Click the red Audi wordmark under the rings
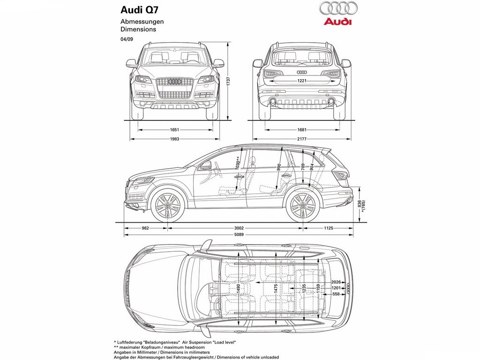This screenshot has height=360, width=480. (x=338, y=22)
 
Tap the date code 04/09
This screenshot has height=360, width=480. (x=127, y=39)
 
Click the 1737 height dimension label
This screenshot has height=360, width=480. (x=228, y=82)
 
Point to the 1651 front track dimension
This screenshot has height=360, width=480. (x=174, y=130)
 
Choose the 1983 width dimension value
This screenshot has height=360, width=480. (x=174, y=139)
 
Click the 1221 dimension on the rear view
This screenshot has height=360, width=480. (x=302, y=81)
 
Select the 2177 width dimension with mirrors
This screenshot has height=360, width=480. (x=301, y=139)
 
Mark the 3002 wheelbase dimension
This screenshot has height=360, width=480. (x=239, y=228)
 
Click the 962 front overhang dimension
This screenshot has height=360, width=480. (x=145, y=228)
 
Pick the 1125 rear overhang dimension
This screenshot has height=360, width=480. (x=328, y=228)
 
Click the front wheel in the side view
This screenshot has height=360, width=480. (x=167, y=205)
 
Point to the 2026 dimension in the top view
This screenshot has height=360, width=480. (x=336, y=282)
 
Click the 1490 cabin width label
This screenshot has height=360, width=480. (x=239, y=289)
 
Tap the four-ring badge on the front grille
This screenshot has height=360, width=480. (x=174, y=82)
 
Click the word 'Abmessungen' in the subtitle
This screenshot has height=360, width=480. (x=142, y=22)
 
